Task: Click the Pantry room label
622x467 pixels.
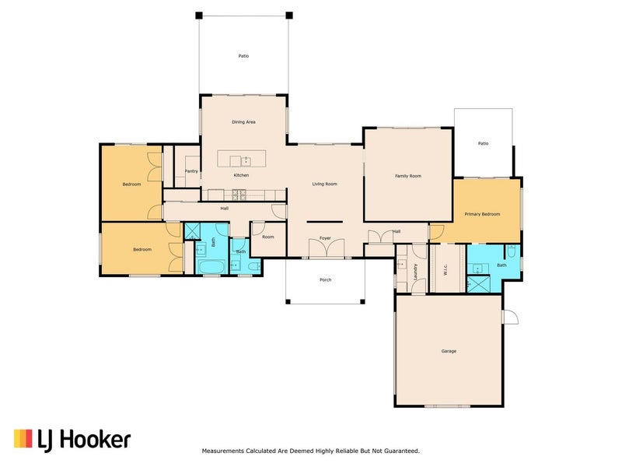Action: [x=191, y=171]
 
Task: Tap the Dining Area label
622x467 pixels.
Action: [x=243, y=122]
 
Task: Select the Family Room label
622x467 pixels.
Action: [x=407, y=176]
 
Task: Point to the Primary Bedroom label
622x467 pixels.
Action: [x=482, y=214]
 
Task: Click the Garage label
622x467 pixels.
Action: [x=449, y=351]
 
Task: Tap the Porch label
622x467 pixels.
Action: [x=325, y=279]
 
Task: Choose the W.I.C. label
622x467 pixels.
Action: [x=445, y=270]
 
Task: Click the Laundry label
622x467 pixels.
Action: [x=415, y=272]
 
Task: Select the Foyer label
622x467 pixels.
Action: [x=325, y=238]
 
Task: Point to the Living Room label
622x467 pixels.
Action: [x=324, y=184]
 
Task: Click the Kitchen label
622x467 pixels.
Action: [x=241, y=175]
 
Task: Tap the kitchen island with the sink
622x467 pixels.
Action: [x=242, y=159]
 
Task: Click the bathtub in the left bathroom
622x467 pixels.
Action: [x=211, y=266]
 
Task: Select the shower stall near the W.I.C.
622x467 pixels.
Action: [x=478, y=284]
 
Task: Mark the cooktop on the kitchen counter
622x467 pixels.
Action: [x=239, y=195]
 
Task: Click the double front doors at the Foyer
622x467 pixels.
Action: [x=327, y=249]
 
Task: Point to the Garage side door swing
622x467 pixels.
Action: [x=511, y=318]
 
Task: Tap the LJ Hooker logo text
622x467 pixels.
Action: [x=84, y=441]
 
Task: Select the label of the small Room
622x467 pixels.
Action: [x=267, y=237]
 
